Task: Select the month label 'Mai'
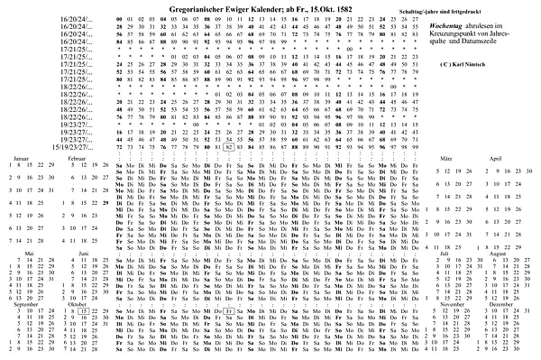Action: [x=29, y=254]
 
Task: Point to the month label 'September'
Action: [x=26, y=304]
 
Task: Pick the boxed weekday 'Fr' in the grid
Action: [x=232, y=309]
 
